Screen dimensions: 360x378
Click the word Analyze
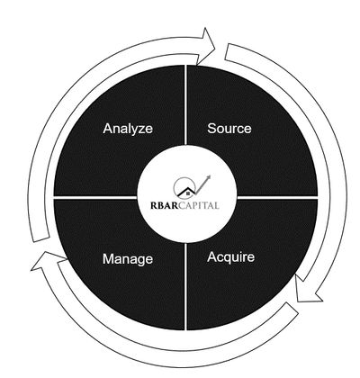pyautogui.click(x=128, y=129)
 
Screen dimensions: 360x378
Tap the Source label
pyautogui.click(x=229, y=129)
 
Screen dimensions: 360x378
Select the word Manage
pyautogui.click(x=128, y=259)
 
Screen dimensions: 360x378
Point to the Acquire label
pyautogui.click(x=230, y=257)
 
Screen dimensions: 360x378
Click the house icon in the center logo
pyautogui.click(x=187, y=193)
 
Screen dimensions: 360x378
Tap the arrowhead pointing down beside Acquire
pyautogui.click(x=308, y=291)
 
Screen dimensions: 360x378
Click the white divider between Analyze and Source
pyautogui.click(x=186, y=104)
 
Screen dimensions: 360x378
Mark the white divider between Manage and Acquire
pyautogui.click(x=186, y=286)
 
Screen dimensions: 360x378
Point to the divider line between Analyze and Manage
pyautogui.click(x=95, y=197)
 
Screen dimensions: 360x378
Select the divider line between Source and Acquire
pyautogui.click(x=277, y=197)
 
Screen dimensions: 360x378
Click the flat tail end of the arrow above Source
pyautogui.click(x=228, y=51)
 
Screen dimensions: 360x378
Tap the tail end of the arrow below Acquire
pyautogui.click(x=292, y=308)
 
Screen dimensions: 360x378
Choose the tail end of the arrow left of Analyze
pyautogui.click(x=41, y=239)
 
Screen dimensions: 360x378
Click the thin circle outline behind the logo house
pyautogui.click(x=174, y=187)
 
